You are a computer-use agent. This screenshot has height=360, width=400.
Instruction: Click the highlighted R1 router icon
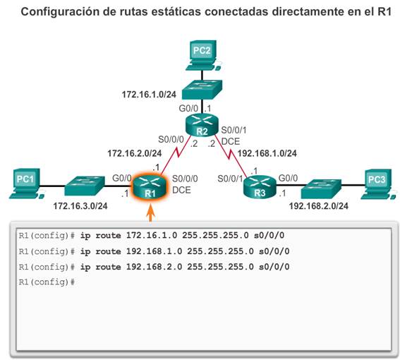(x=150, y=187)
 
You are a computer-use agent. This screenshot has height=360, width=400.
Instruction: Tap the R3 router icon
(x=260, y=187)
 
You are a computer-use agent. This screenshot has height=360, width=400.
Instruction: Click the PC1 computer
(x=26, y=184)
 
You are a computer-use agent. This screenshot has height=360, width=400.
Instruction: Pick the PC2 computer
(x=203, y=55)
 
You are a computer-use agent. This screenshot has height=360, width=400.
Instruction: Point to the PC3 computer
(x=379, y=184)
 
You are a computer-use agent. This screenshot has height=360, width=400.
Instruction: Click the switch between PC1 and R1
(x=85, y=186)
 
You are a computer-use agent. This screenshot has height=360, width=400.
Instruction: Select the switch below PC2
(x=202, y=90)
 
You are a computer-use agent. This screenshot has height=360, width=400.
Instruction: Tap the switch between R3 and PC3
(x=321, y=189)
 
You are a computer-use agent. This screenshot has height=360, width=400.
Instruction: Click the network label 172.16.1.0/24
(x=149, y=95)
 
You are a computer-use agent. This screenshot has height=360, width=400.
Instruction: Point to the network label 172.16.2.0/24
(x=135, y=153)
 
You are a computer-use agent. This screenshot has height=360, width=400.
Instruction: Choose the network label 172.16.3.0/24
(x=80, y=206)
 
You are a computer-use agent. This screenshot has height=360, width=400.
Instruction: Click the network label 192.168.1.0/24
(x=267, y=153)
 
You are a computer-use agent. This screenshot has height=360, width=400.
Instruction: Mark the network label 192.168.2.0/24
(x=319, y=206)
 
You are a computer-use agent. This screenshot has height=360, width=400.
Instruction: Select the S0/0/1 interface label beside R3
(x=230, y=179)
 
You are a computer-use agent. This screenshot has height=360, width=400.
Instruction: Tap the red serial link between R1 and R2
(x=176, y=155)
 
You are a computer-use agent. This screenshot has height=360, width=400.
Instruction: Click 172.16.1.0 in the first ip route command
(x=152, y=235)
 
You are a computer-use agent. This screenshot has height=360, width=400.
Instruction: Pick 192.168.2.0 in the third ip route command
(x=154, y=267)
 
